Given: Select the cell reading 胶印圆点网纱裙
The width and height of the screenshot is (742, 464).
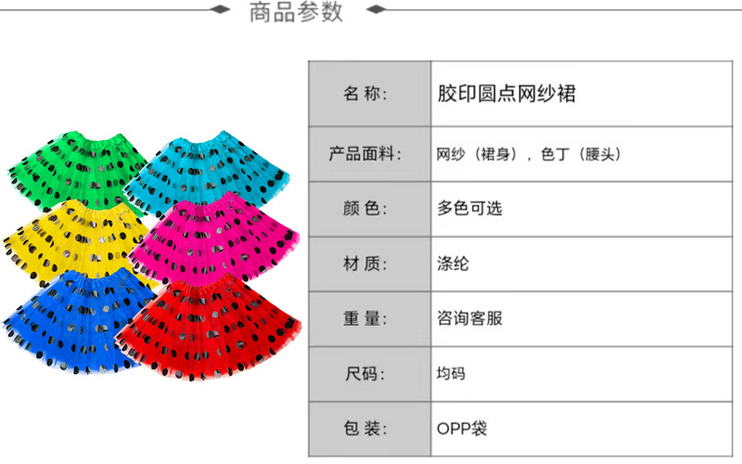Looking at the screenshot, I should [x=505, y=94].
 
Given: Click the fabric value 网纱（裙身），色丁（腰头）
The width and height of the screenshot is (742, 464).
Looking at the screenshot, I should [x=528, y=154].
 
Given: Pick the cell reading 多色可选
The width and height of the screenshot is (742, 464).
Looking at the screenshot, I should [x=469, y=209].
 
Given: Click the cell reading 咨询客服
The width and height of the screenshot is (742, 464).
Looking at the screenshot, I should [x=469, y=318].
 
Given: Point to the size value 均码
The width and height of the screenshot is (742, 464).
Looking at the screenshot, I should [x=451, y=374].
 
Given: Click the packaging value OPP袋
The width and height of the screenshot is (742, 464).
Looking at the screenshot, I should [x=461, y=429].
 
